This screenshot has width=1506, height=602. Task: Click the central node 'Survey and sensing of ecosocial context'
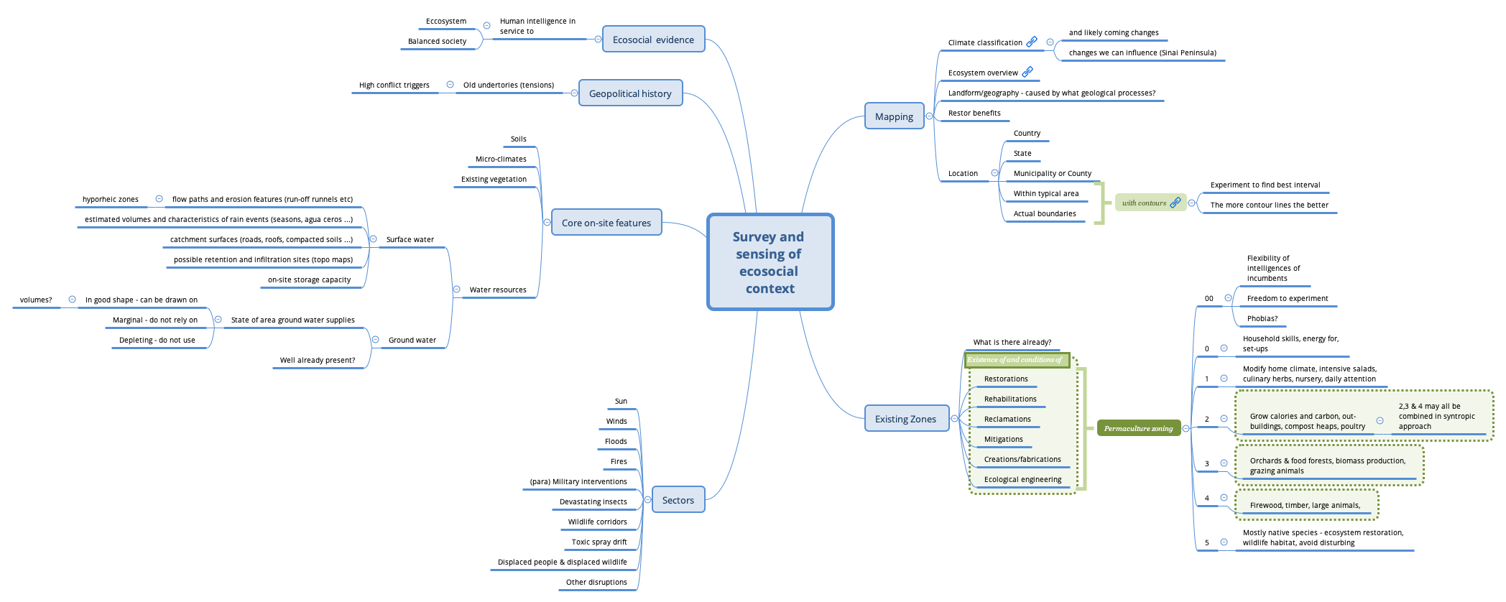(x=770, y=262)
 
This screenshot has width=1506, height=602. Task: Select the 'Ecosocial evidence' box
(x=653, y=40)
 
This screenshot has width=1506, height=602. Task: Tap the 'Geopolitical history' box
(x=630, y=93)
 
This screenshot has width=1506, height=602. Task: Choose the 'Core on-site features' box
(x=606, y=223)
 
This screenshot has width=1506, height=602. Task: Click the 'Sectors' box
(x=678, y=500)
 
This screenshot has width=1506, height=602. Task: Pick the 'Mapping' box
(x=894, y=116)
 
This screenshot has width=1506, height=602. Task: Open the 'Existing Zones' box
(x=905, y=419)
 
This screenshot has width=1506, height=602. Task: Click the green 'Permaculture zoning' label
(x=1138, y=429)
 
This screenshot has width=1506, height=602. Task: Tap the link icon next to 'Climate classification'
(x=1032, y=42)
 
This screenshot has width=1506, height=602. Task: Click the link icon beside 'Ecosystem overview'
(x=1027, y=72)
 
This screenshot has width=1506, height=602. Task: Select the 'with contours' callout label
(x=1144, y=203)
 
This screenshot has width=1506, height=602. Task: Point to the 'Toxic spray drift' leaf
(x=599, y=542)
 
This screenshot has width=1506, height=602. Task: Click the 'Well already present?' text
(x=318, y=360)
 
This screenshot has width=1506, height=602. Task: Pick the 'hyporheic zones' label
(x=111, y=199)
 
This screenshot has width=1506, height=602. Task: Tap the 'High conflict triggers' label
(x=394, y=85)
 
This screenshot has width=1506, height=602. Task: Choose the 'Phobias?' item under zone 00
(x=1262, y=318)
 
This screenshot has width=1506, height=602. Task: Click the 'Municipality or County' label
(x=1052, y=173)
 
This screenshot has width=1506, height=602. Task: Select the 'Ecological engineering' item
(x=1022, y=479)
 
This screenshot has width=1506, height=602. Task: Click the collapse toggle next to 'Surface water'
(x=373, y=239)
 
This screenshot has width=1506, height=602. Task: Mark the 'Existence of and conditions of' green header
(x=1015, y=360)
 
